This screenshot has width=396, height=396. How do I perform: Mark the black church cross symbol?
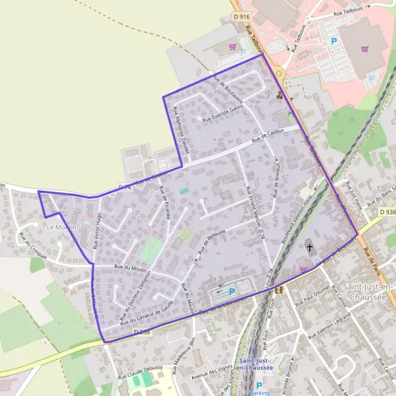310,248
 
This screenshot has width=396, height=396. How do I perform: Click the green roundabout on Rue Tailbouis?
279,73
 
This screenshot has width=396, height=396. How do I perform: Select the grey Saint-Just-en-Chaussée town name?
368,291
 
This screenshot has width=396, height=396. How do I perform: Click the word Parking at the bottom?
259,392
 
